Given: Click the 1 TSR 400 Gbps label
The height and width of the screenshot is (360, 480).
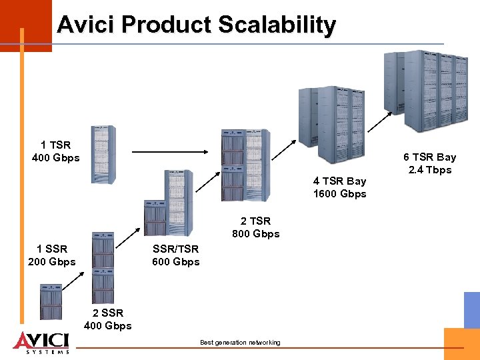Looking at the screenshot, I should [55, 151].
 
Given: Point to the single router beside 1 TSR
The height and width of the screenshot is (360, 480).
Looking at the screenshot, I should [103, 154].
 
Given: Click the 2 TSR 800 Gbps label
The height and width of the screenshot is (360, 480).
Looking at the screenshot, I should [255, 227].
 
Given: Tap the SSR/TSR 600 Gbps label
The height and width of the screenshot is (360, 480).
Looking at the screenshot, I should [175, 255].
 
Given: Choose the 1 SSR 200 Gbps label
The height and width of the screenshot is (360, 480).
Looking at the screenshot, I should [52, 255].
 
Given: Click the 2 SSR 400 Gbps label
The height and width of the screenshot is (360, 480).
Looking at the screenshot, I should [107, 319].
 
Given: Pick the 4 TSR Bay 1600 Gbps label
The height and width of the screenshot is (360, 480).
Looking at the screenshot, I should [339, 187].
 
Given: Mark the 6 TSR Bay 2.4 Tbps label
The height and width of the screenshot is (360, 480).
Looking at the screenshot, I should [429, 163].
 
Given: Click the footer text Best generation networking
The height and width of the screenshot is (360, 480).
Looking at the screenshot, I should [240, 343].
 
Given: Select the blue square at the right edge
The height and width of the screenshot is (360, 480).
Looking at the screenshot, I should [472, 309].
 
